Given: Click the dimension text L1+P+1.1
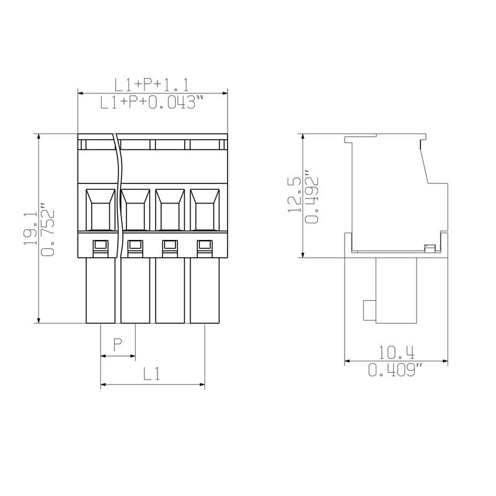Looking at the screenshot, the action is (x=151, y=85).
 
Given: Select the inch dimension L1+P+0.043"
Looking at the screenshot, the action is (x=152, y=102).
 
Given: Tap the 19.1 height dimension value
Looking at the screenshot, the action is (x=30, y=228).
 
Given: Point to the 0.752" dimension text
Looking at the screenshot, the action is (x=48, y=229).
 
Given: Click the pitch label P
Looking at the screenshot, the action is (x=118, y=344).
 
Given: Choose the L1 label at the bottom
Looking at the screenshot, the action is (x=152, y=373).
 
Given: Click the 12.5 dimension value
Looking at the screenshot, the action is (x=294, y=195).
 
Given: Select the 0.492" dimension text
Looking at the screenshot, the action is (x=311, y=197).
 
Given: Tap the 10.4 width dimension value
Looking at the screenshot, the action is (x=397, y=352).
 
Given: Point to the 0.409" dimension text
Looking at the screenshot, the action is (x=396, y=370).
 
